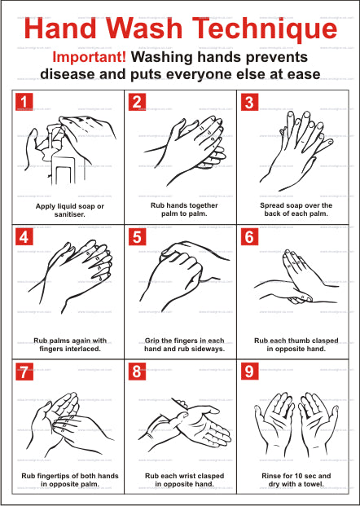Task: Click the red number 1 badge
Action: coord(24,102)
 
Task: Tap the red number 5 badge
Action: coord(137,237)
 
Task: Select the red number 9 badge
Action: coord(249,372)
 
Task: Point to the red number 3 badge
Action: coord(249,102)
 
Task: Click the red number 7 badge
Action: coord(24,372)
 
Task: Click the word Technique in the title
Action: coord(264,28)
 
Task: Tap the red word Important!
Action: coord(90,57)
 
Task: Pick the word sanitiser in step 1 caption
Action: coord(70,214)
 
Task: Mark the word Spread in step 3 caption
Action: coord(271,205)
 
